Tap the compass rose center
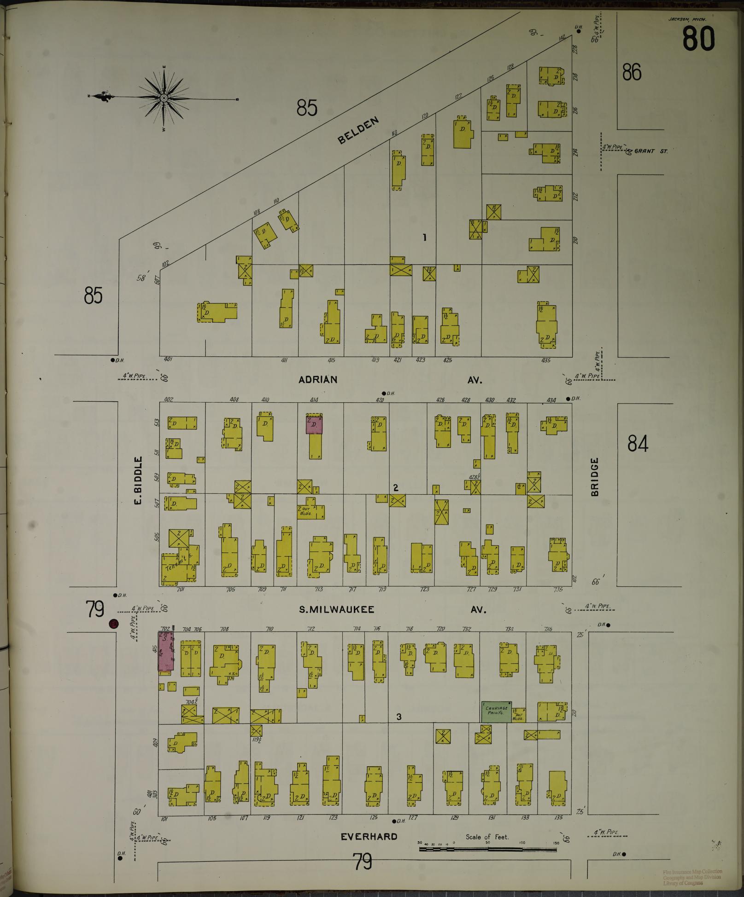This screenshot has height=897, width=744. tap(164, 98)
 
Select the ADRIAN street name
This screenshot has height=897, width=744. tap(318, 380)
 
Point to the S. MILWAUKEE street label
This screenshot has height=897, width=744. tap(337, 610)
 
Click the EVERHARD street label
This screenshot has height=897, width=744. tap(369, 836)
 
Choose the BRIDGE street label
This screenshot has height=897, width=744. tap(594, 477)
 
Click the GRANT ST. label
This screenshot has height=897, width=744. tap(650, 151)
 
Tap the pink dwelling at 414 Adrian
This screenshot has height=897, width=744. tap(314, 424)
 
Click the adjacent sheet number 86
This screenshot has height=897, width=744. tap(632, 73)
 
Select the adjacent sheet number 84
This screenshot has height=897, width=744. tap(638, 444)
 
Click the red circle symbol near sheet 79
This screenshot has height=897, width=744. tap(113, 624)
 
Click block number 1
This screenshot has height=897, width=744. tap(425, 237)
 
